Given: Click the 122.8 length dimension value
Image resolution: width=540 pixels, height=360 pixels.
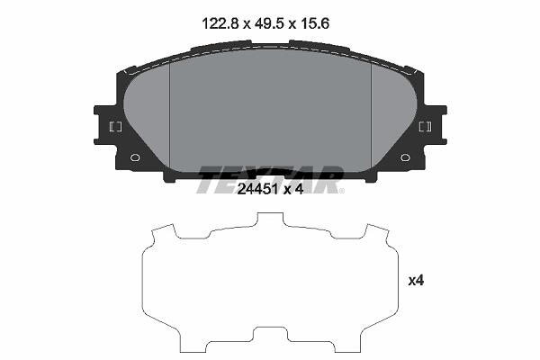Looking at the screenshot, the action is pos(220,24).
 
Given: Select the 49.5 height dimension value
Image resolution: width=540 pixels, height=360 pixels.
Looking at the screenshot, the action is pos(269,24).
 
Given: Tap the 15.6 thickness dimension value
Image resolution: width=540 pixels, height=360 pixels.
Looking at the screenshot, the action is pos(315,24).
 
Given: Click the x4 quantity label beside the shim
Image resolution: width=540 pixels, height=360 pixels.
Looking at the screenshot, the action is pos(416,281).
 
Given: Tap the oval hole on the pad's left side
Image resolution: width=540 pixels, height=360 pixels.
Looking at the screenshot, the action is pos(135,157).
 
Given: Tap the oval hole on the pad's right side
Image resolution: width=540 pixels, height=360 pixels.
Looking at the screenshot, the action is pos(405,157).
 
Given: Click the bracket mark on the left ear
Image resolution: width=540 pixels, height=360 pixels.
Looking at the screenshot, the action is pos(115,127).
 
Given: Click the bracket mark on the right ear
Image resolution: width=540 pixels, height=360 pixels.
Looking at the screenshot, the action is pos(425,127).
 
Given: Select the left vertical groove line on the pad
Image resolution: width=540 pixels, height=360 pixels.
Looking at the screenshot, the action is pos(170,117).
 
